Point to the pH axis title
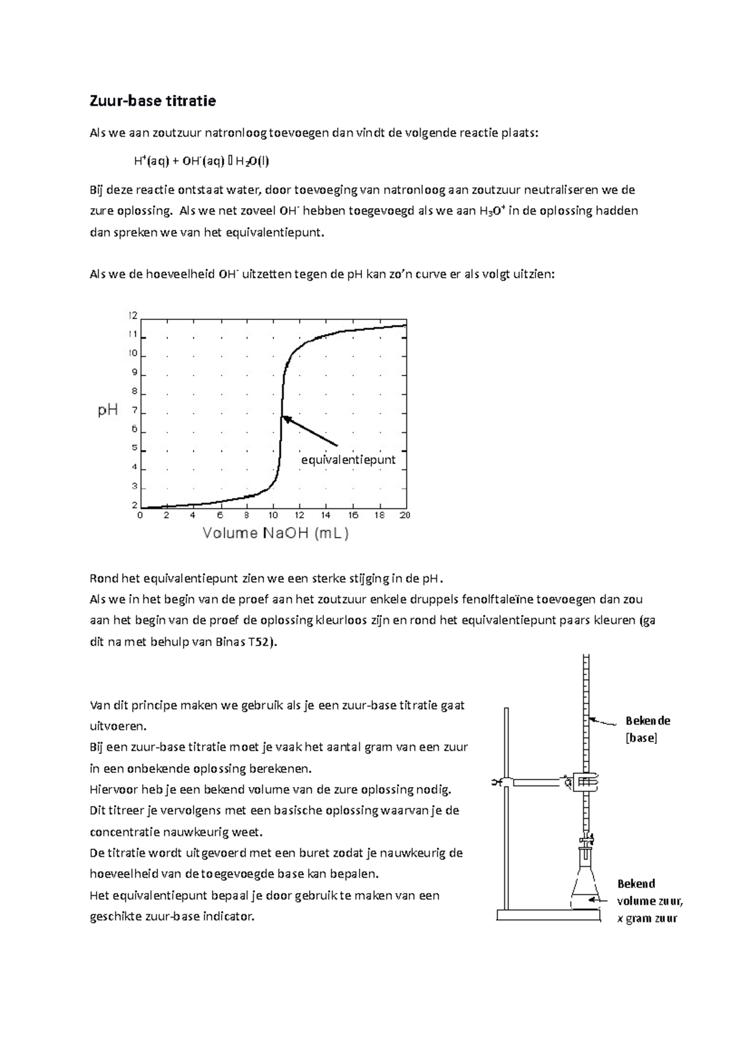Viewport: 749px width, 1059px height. [108, 410]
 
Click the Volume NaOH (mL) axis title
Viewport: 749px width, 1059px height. [275, 533]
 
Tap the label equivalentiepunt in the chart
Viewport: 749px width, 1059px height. [348, 460]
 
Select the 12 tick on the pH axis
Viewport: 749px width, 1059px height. [133, 316]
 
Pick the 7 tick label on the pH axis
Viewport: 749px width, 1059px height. [134, 411]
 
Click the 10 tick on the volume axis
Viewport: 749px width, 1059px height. [273, 515]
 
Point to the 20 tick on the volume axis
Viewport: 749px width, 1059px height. [404, 515]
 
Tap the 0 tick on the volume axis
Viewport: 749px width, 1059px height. [140, 515]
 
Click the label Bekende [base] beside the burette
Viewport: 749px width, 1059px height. [647, 729]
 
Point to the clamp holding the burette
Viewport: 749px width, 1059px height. [585, 782]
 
